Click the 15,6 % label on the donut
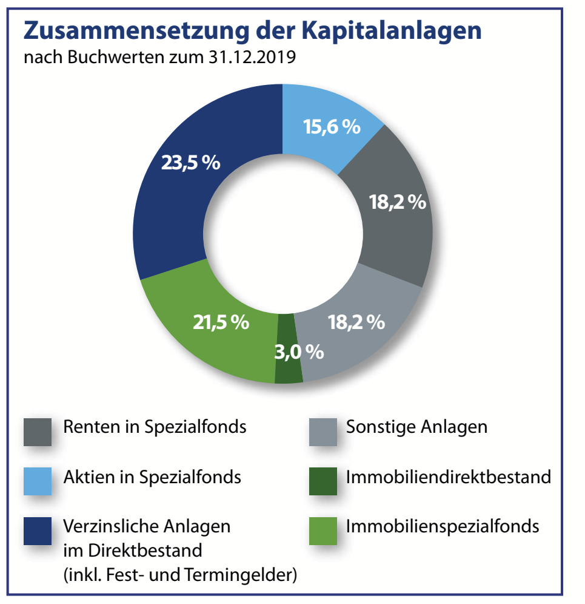[331, 127]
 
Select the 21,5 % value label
[221, 323]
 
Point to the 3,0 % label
[299, 351]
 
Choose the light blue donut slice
[321, 109]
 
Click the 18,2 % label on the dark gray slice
[398, 202]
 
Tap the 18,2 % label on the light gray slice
[356, 322]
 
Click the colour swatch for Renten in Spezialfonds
[38, 432]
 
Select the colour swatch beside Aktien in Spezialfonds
[38, 481]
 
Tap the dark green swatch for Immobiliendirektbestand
[323, 481]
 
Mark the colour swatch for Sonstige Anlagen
[323, 432]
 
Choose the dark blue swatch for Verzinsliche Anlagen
[38, 530]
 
